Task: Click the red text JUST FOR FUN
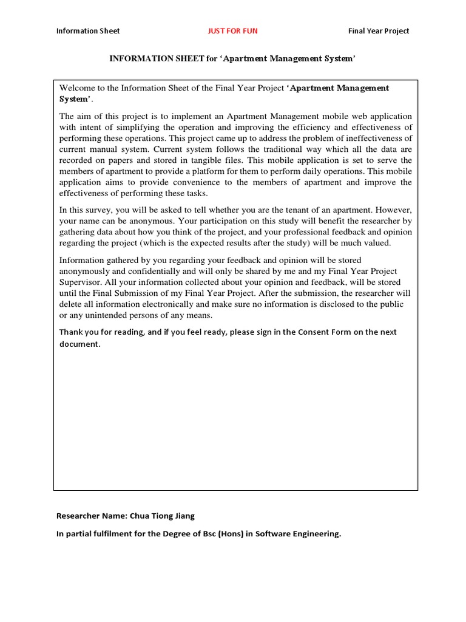coord(233,31)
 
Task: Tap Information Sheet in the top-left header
coord(88,31)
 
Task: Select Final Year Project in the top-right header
coord(379,31)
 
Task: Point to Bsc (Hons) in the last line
coord(218,534)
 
